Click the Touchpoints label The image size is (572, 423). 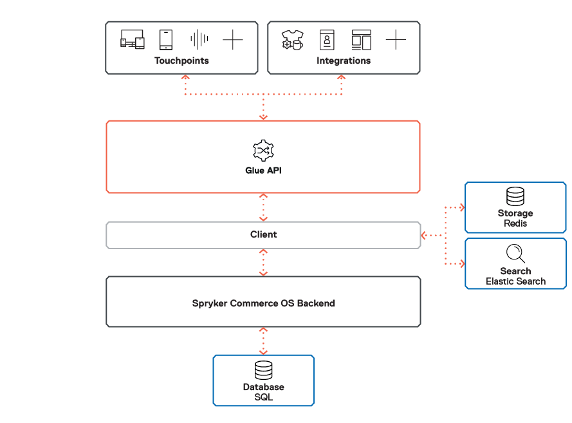(181, 61)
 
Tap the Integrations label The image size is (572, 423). (344, 61)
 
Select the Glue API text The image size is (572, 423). (263, 171)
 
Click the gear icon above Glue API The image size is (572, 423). (263, 150)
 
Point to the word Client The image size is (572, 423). (263, 235)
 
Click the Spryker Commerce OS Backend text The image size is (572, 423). (263, 303)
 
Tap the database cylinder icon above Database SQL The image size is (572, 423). (263, 370)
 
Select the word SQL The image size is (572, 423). (263, 397)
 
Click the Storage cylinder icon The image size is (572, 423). (515, 196)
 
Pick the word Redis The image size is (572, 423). (515, 223)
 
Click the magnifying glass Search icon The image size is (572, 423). (515, 253)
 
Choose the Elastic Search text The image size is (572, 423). (515, 281)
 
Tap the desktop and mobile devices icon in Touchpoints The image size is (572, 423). (132, 40)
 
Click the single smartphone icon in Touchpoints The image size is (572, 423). (166, 40)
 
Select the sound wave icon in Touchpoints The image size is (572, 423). (199, 40)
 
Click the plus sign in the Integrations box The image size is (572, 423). (396, 40)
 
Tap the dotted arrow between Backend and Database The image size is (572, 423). (263, 341)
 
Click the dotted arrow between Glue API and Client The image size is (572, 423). (263, 207)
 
